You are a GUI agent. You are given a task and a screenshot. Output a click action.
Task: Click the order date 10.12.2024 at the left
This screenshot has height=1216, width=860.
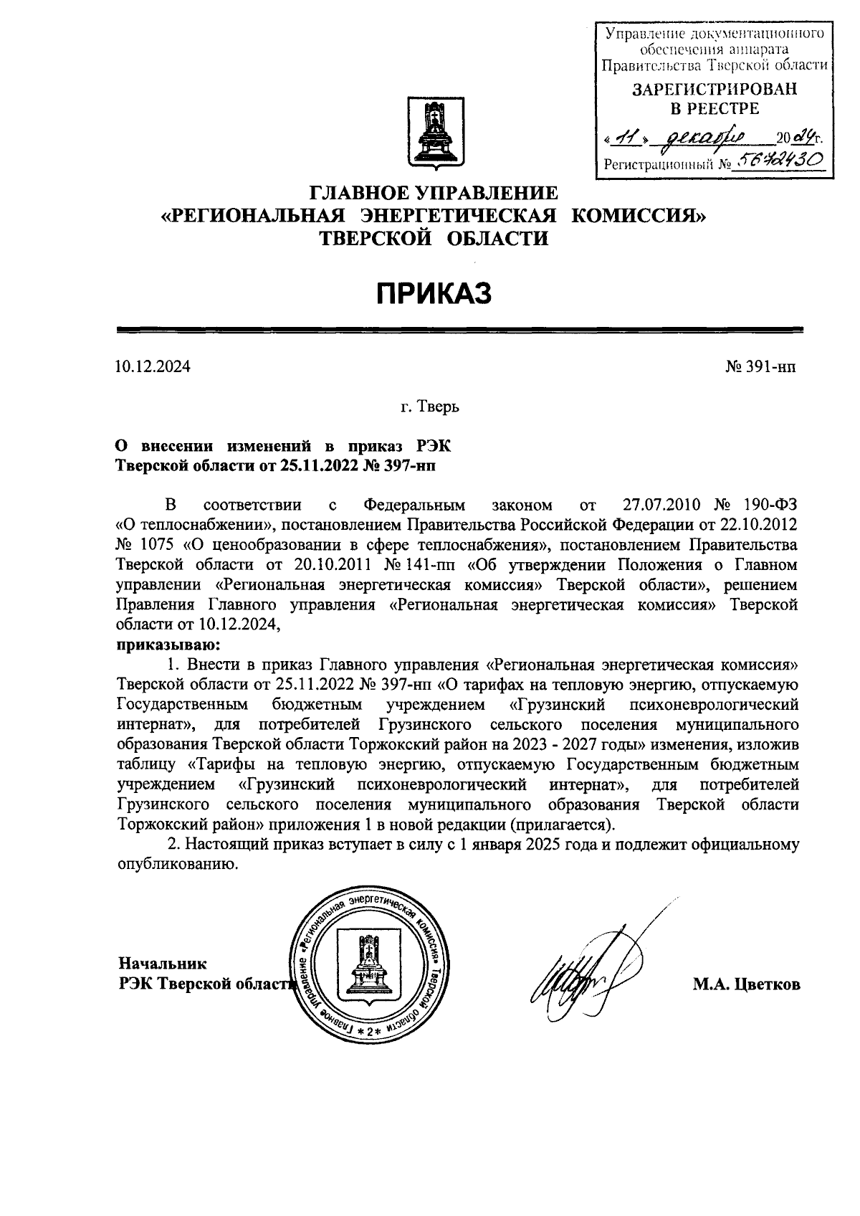[x=153, y=368]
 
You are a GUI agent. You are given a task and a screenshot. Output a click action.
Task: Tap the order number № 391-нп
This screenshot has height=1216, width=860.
[x=760, y=368]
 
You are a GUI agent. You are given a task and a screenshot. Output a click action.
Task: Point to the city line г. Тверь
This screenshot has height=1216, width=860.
[x=430, y=407]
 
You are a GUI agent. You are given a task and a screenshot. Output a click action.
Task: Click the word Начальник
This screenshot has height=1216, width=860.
[x=163, y=963]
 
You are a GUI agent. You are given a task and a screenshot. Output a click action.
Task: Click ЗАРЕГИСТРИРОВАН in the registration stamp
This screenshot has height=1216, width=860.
[x=713, y=90]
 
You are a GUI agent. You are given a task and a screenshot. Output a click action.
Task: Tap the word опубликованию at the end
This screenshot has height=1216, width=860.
[x=177, y=864]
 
